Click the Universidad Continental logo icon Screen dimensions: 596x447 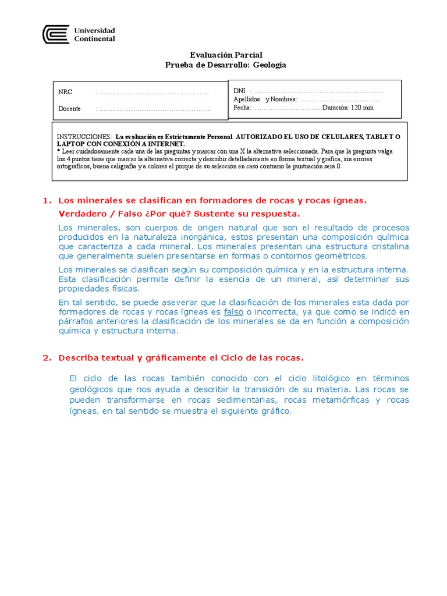pos(56,34)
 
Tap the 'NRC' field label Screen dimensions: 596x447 pos(65,93)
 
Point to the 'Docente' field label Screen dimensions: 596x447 pos(70,109)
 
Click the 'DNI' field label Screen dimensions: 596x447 pos(239,91)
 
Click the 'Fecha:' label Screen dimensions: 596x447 pos(243,108)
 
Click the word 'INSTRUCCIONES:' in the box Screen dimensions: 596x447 pos(84,136)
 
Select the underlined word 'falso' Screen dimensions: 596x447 pos(233,312)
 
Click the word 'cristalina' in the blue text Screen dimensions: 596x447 pos(389,246)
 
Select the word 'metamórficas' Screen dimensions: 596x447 pos(338,400)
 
